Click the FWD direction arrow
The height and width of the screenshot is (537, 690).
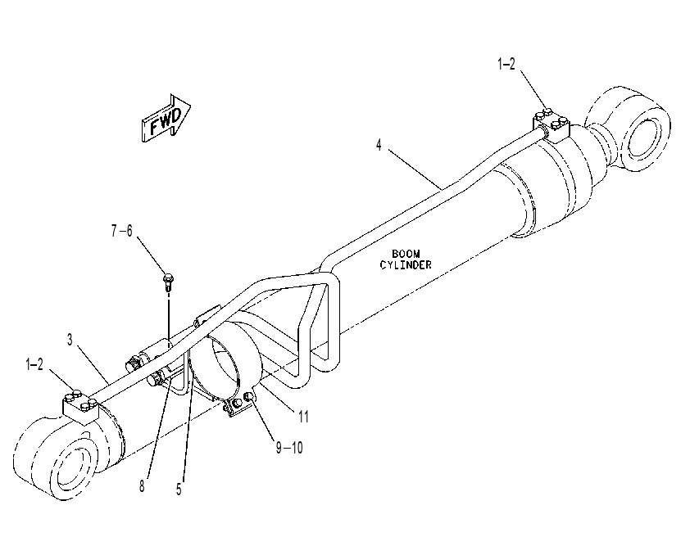coord(166,118)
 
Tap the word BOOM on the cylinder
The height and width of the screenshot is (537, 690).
coord(406,254)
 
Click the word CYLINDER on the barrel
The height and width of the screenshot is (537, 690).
coord(406,265)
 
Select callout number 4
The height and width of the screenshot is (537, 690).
coord(379,145)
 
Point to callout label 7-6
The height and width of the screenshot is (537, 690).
coord(121,231)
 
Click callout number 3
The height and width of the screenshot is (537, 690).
coord(70,340)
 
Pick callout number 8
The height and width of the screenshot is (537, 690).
coord(142,486)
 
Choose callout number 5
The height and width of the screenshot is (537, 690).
coord(179,489)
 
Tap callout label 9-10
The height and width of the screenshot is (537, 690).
coord(289,448)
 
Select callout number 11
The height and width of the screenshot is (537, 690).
coord(304,417)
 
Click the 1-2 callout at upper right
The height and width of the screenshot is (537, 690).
coord(506,65)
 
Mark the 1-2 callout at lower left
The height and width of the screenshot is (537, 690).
coord(34,364)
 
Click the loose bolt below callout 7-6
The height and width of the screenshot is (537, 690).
coord(168,282)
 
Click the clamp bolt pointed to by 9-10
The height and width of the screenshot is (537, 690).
coord(249,397)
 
